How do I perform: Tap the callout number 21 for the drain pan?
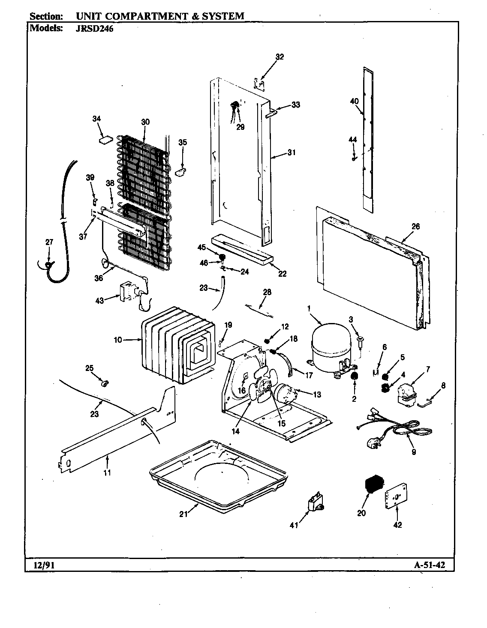coord(183,514)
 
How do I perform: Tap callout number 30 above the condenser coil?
coord(145,122)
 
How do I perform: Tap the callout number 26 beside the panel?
coord(415,226)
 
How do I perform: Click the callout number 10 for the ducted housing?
coord(118,340)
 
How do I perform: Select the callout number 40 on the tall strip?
coord(354,101)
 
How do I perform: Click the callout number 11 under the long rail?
coord(107,472)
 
